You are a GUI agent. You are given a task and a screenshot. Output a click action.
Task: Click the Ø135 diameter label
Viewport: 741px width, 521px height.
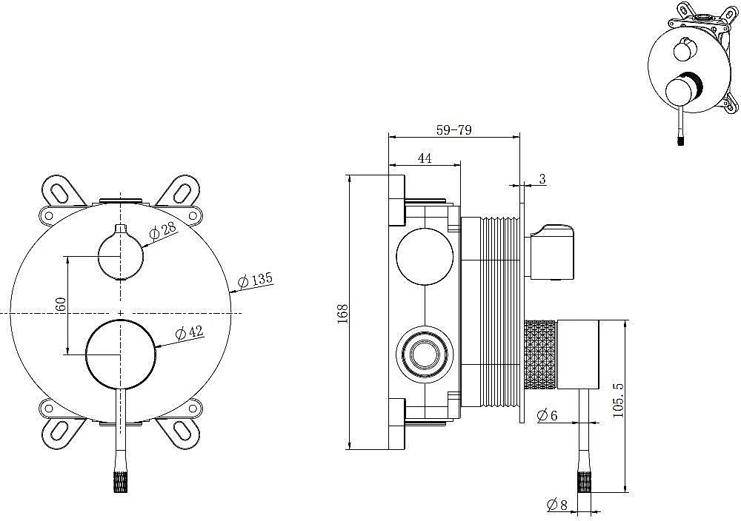(255, 281)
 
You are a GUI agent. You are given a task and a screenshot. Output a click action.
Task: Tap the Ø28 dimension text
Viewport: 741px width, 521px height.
(162, 230)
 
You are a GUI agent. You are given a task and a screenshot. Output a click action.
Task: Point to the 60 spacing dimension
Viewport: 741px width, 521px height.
(60, 305)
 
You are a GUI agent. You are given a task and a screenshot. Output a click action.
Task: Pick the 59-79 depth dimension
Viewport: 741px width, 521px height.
(453, 130)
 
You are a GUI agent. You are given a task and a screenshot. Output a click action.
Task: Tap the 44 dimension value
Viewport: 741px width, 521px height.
(425, 158)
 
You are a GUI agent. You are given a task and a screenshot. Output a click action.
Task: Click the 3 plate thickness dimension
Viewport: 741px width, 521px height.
(542, 179)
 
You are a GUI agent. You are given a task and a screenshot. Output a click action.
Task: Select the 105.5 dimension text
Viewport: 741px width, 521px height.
(618, 400)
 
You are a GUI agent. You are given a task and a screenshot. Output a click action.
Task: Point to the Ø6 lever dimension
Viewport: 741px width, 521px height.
(548, 415)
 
